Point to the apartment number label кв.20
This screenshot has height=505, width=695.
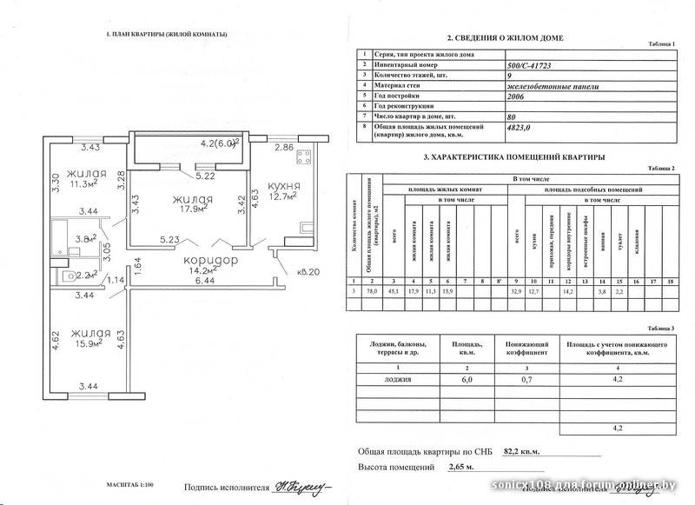[308, 272]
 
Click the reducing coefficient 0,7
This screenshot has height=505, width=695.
[525, 380]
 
